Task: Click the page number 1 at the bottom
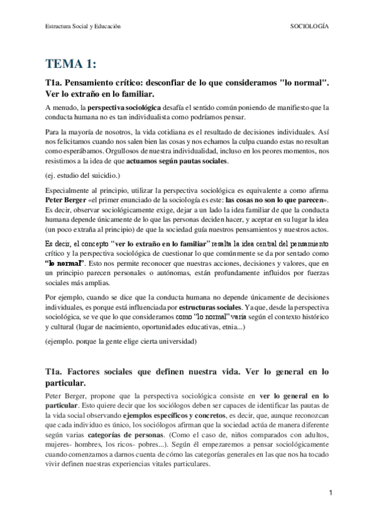[x=330, y=493]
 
